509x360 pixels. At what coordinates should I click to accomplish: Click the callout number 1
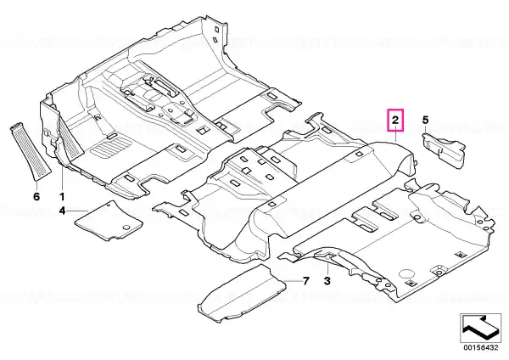point(62,197)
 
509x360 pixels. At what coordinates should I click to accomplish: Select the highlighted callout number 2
point(395,121)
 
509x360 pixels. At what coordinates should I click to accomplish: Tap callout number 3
point(327,280)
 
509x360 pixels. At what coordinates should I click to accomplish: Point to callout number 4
point(62,211)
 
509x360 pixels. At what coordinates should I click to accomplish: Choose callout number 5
point(425,121)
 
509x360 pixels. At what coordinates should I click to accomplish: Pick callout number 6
point(36,197)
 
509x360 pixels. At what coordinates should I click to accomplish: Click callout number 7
point(305,281)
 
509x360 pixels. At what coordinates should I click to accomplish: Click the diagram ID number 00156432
point(480,347)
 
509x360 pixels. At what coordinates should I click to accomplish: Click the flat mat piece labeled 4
point(109,221)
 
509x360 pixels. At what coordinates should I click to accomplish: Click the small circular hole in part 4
point(127,227)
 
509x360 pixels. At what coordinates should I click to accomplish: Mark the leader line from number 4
point(77,211)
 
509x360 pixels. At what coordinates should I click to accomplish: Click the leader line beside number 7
point(292,280)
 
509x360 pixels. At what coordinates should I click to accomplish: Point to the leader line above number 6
point(36,184)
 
